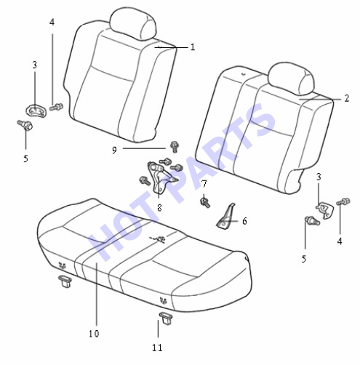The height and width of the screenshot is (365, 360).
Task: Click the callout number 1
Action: (193, 47)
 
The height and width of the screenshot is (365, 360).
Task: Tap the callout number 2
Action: (347, 98)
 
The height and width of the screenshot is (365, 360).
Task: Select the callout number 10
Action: (94, 334)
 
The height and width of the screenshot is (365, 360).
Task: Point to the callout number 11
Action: (157, 348)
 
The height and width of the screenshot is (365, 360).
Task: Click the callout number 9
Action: (114, 151)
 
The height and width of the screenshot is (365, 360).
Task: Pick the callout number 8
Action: (159, 208)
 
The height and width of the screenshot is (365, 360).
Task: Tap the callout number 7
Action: (204, 184)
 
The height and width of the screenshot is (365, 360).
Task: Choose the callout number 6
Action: (244, 221)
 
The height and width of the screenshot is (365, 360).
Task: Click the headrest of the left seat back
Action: (132, 23)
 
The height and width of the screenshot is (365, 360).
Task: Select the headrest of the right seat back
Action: (291, 78)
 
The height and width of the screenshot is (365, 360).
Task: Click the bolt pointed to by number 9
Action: (174, 147)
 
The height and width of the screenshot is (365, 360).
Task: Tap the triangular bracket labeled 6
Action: (225, 217)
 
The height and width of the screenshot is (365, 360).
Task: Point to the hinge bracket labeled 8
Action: (160, 177)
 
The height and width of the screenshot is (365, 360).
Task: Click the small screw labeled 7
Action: (205, 202)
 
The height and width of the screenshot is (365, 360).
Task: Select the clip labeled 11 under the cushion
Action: (166, 318)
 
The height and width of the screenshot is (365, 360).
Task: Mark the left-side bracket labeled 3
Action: (36, 111)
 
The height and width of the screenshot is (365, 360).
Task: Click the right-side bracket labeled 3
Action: (324, 209)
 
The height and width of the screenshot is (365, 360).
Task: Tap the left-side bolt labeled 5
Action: (25, 125)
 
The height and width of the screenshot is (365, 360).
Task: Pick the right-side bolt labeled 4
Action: (344, 201)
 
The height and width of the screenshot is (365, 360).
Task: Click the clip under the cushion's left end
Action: (65, 281)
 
